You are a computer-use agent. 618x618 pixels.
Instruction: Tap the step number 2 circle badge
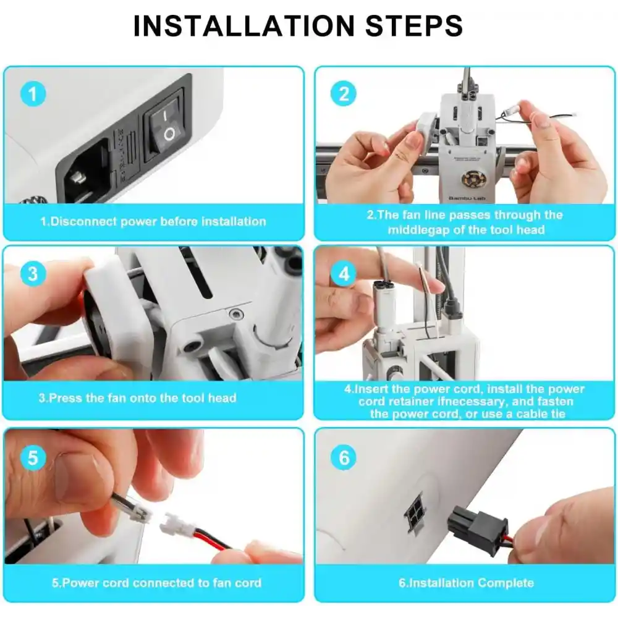tap(344, 94)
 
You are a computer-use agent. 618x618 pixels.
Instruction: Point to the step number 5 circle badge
tap(33, 458)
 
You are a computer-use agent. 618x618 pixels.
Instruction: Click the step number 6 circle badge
tap(344, 458)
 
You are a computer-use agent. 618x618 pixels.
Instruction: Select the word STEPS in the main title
tap(412, 26)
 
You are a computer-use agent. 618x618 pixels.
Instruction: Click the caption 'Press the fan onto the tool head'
tap(137, 398)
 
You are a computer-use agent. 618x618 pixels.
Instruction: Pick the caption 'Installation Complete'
tap(466, 582)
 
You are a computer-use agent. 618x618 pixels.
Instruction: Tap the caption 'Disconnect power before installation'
tap(153, 221)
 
